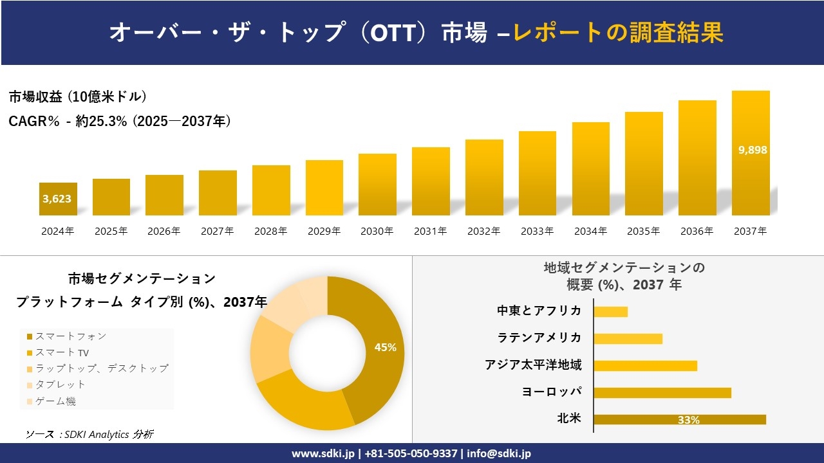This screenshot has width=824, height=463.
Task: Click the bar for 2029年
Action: pyautogui.click(x=324, y=188)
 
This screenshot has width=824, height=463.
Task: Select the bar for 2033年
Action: pyautogui.click(x=537, y=174)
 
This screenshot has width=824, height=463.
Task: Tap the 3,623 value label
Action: pyautogui.click(x=57, y=199)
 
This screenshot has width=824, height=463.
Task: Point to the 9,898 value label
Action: pyautogui.click(x=753, y=150)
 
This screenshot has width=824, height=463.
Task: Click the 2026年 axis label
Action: pyautogui.click(x=164, y=232)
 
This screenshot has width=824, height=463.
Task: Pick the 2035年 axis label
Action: pyautogui.click(x=644, y=232)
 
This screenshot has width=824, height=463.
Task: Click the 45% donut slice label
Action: pyautogui.click(x=385, y=347)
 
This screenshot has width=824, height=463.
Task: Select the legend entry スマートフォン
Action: pyautogui.click(x=70, y=336)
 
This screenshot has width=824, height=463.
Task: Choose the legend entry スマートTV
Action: pyautogui.click(x=62, y=352)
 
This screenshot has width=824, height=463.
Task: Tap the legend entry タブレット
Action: pyautogui.click(x=60, y=385)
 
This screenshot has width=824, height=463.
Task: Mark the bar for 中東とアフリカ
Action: pyautogui.click(x=610, y=312)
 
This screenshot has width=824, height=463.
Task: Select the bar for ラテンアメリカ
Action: pyautogui.click(x=628, y=339)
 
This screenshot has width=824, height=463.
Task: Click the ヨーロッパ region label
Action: pyautogui.click(x=552, y=392)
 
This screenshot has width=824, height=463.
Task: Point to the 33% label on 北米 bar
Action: pyautogui.click(x=688, y=420)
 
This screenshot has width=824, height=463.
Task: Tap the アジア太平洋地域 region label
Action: pyautogui.click(x=534, y=365)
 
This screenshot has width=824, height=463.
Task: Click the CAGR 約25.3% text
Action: pyautogui.click(x=120, y=121)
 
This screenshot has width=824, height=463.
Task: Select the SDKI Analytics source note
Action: pyautogui.click(x=89, y=435)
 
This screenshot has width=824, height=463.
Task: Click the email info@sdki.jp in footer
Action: pyautogui.click(x=500, y=453)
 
